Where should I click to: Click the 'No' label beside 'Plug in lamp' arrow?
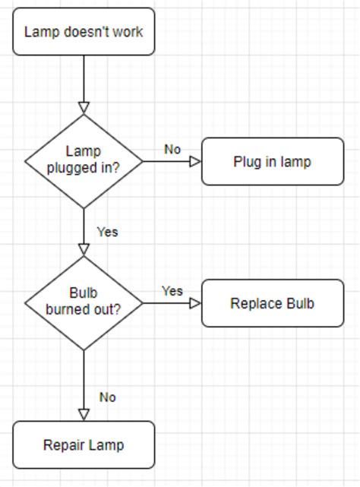point(172,149)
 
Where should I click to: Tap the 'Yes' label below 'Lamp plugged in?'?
point(108,232)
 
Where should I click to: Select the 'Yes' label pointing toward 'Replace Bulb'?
point(172,291)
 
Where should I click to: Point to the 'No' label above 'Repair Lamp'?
point(108,397)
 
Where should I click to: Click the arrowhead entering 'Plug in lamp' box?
point(195,161)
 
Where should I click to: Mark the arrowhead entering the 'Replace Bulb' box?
point(195,303)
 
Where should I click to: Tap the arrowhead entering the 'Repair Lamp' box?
point(84,415)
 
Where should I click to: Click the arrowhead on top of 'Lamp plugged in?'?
point(84,107)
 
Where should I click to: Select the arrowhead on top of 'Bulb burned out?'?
point(84,249)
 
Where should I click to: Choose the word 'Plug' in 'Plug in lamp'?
point(247,161)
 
